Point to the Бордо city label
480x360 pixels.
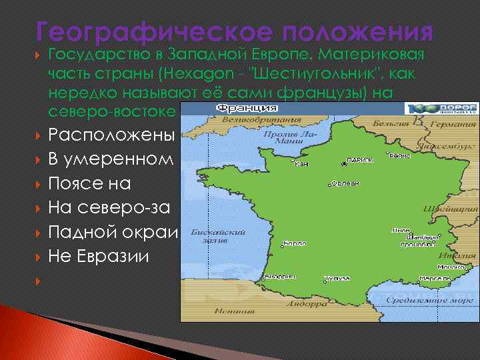295,244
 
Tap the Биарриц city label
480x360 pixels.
280,276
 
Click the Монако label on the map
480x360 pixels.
451,267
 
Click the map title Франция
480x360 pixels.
246,108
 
